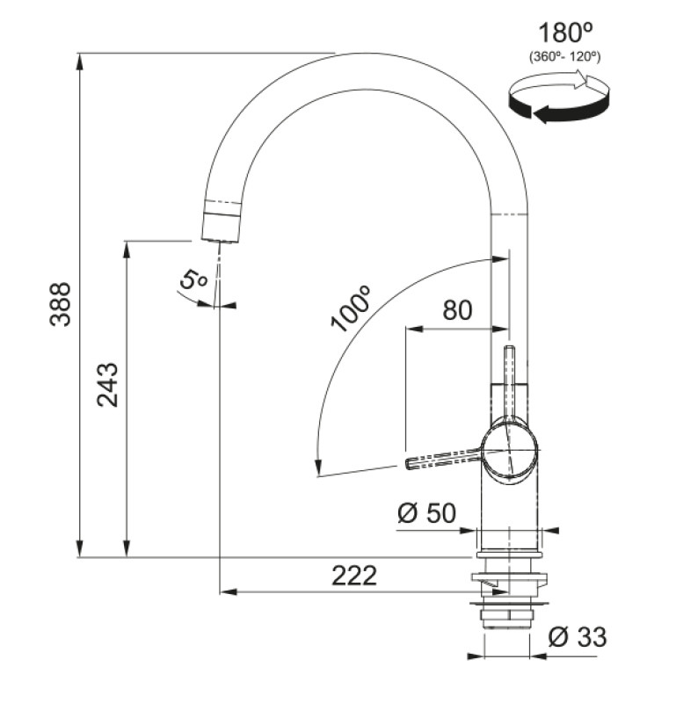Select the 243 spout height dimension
(x=107, y=384)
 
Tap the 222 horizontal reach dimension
(x=354, y=576)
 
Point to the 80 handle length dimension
(x=456, y=309)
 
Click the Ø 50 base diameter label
(x=426, y=513)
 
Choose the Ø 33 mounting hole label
(x=577, y=637)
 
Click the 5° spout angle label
(x=192, y=281)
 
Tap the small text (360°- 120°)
(x=563, y=57)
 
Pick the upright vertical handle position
(x=508, y=378)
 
